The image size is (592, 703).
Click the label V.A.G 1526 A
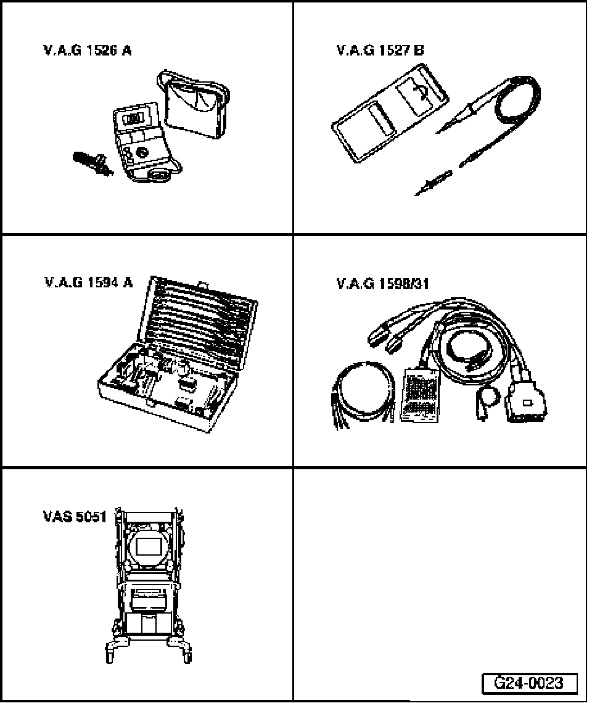87,51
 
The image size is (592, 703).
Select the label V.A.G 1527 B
380,51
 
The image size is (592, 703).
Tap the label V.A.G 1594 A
88,283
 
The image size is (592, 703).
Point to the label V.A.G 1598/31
383,284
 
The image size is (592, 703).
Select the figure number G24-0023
530,683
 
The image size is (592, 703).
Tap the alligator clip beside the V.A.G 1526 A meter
92,164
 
